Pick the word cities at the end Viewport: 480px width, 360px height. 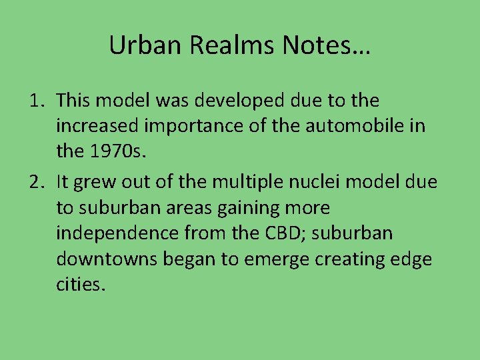(81, 284)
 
